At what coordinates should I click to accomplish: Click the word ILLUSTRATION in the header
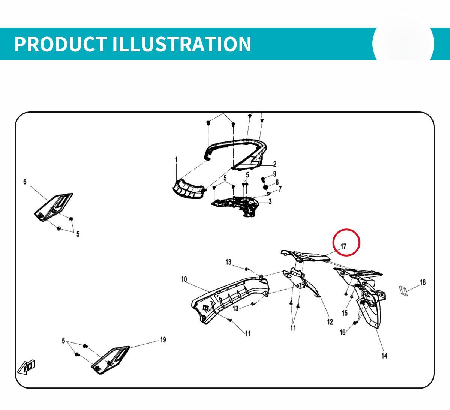click(181, 44)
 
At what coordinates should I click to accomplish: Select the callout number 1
click(176, 160)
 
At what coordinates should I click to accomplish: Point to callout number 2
click(275, 164)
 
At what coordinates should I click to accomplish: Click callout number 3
click(270, 201)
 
